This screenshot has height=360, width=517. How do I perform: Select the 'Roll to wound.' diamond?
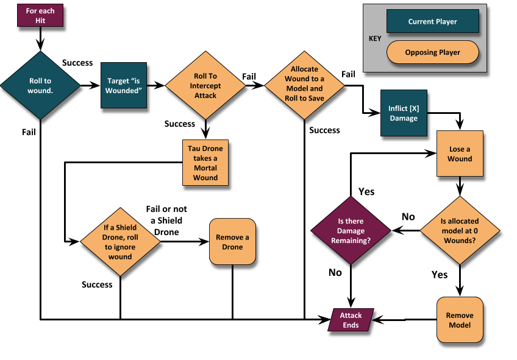pyautogui.click(x=40, y=86)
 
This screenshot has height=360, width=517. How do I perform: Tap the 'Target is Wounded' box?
pyautogui.click(x=124, y=86)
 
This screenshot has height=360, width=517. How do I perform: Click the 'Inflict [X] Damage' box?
pyautogui.click(x=403, y=113)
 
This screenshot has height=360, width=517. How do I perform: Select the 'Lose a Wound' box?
pyautogui.click(x=460, y=154)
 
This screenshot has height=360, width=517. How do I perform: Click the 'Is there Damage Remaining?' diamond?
pyautogui.click(x=351, y=231)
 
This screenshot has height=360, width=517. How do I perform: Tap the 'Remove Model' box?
pyautogui.click(x=460, y=320)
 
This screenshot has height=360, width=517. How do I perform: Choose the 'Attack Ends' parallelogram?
pyautogui.click(x=351, y=320)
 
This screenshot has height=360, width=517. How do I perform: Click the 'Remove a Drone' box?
pyautogui.click(x=232, y=242)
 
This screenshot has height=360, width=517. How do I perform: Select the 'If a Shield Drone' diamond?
pyautogui.click(x=120, y=242)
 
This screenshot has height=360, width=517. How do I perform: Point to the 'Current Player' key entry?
pyautogui.click(x=433, y=23)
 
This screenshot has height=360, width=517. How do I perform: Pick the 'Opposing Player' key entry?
pyautogui.click(x=433, y=52)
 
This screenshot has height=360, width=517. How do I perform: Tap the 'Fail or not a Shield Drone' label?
pyautogui.click(x=166, y=221)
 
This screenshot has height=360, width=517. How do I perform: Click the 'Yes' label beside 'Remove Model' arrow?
pyautogui.click(x=440, y=275)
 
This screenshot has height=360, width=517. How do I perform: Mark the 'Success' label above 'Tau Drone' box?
pyautogui.click(x=180, y=124)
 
